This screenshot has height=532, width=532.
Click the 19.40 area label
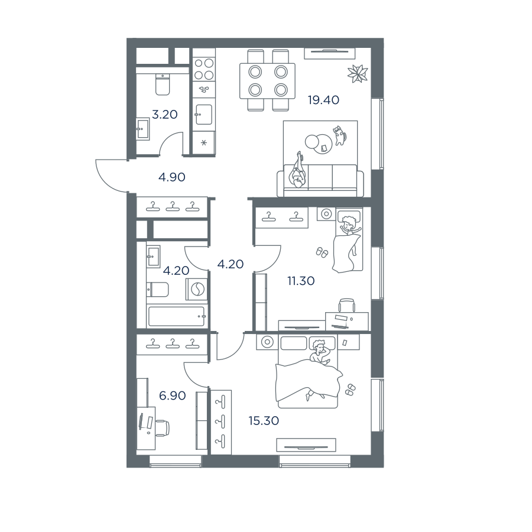tap(323, 100)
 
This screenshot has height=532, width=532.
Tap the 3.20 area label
tap(164, 115)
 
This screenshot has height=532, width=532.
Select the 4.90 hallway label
tap(172, 177)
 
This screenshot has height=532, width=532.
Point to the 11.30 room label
tap(301, 281)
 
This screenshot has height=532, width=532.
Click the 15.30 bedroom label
tap(264, 421)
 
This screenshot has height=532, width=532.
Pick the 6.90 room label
tap(173, 395)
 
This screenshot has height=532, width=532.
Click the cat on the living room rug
tap(340, 135)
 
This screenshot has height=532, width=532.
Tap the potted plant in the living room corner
tap(358, 73)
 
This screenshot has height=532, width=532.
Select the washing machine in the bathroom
tap(196, 290)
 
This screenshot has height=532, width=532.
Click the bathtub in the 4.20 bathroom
tap(176, 317)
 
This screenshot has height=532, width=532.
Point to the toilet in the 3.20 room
tap(163, 84)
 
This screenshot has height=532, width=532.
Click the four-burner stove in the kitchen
tap(204, 69)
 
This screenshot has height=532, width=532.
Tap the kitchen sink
tap(204, 114)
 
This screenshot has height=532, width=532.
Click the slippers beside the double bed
tap(350, 390)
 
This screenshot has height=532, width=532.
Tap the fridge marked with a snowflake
tap(204, 143)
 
